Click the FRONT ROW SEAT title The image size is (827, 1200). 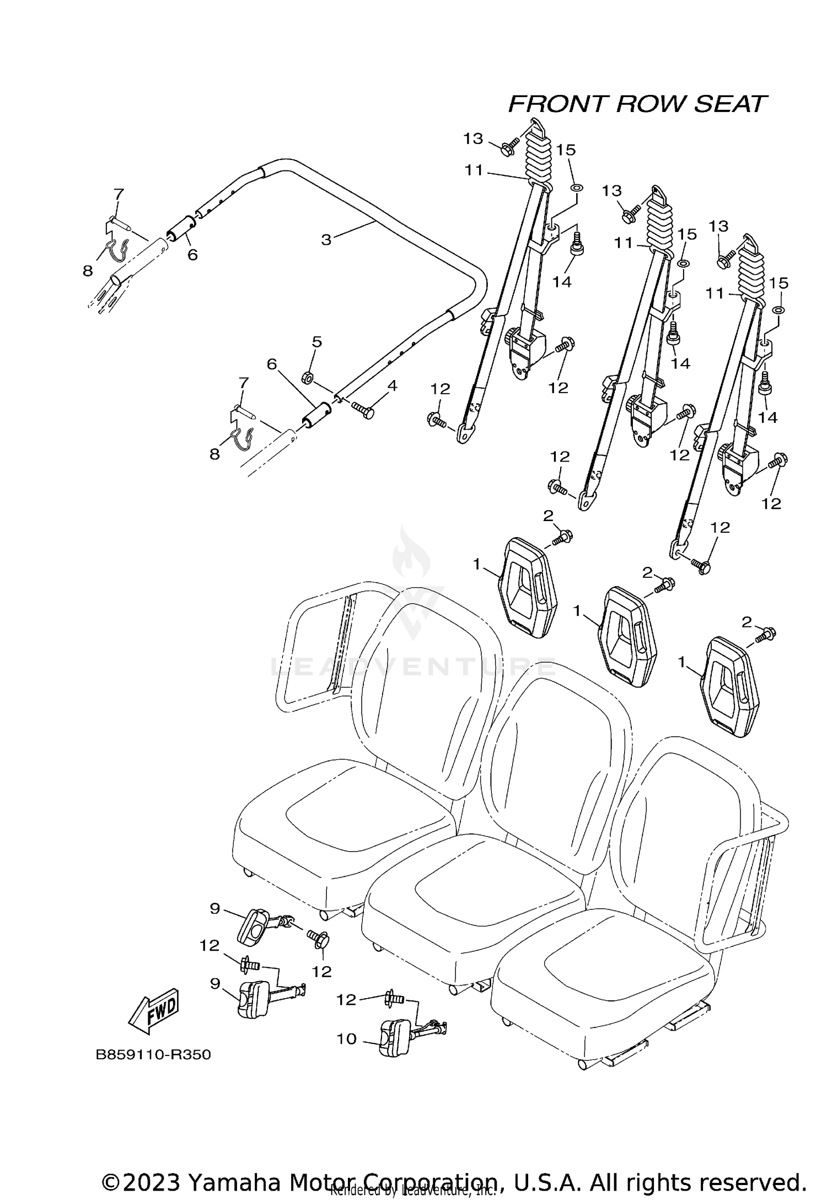(x=637, y=104)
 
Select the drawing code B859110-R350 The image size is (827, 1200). (x=154, y=1055)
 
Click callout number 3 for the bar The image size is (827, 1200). (x=326, y=240)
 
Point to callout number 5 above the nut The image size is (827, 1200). (x=316, y=342)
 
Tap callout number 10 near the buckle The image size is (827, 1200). (x=347, y=1039)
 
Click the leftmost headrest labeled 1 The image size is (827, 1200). (x=528, y=588)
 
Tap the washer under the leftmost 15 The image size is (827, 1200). (x=576, y=187)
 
